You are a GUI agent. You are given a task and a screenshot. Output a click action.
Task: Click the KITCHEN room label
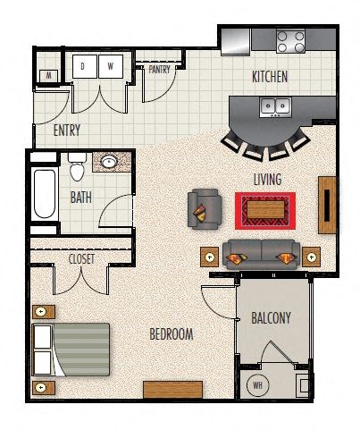point(270,77)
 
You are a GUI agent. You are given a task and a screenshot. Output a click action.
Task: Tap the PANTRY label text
point(159,70)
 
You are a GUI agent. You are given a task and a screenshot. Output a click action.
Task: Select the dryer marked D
point(85,66)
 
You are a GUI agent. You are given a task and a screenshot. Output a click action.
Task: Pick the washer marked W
point(111,66)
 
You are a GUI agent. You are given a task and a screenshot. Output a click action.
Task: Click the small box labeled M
point(48,76)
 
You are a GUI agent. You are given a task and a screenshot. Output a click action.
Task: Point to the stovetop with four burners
point(290,41)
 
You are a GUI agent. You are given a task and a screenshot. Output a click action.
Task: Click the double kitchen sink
point(275,107)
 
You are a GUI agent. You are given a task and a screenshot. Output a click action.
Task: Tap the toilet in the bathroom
point(77,167)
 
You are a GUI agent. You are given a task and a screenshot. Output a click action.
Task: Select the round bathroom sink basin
point(109,162)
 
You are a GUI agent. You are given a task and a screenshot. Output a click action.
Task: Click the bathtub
point(45,194)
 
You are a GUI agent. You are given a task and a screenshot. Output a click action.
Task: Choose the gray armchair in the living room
point(205,209)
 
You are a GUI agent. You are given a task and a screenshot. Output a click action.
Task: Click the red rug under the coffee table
point(265,211)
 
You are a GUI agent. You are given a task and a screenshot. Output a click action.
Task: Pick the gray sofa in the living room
point(262,254)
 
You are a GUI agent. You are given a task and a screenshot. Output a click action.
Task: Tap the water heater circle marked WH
point(257,385)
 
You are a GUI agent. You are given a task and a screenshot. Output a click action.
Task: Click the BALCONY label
point(271,318)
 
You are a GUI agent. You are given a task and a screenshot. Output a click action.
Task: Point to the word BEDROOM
point(172,334)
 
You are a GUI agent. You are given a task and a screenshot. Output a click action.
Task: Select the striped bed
point(71,350)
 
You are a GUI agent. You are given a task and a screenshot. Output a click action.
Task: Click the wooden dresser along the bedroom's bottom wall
point(172,390)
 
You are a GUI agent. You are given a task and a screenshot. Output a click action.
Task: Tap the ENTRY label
point(67,131)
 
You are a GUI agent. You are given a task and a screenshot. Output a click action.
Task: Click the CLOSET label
point(81,259)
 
